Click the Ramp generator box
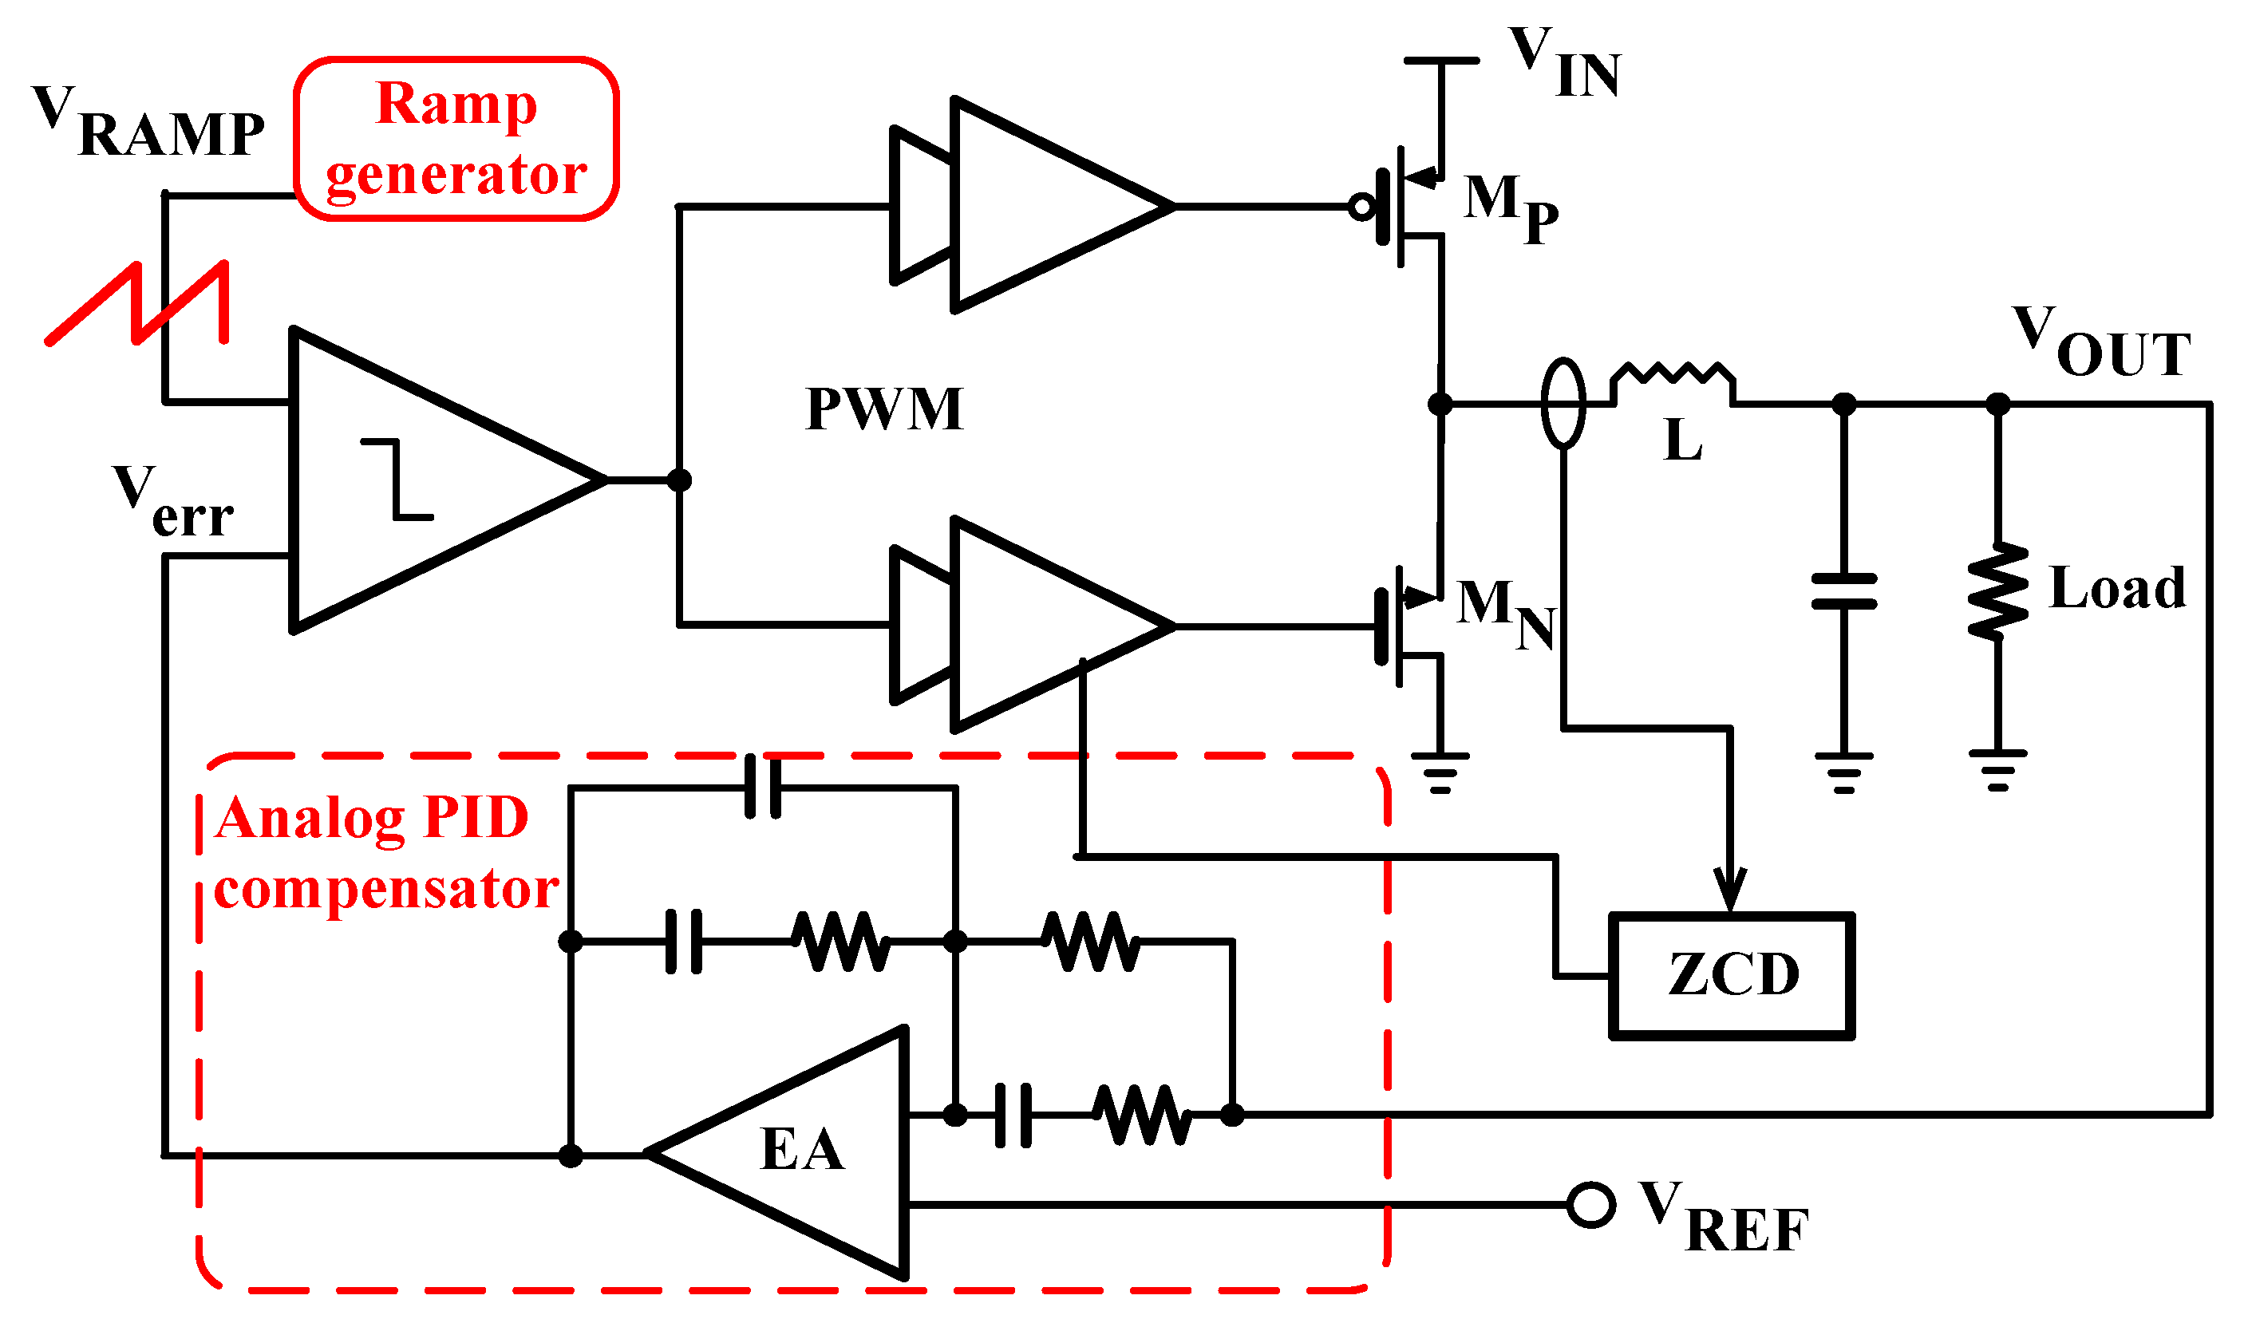456,139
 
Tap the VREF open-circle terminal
1591,1206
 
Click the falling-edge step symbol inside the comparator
397,479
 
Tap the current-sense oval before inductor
1563,403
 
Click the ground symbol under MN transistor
1440,772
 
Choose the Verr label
172,502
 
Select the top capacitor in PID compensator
764,788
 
